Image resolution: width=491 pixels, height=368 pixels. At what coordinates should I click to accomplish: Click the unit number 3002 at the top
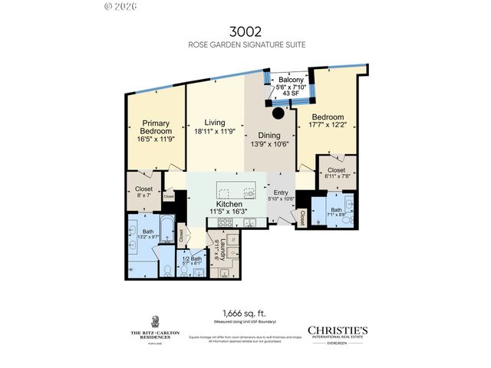[245, 32]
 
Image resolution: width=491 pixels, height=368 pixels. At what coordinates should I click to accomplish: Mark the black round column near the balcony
[277, 113]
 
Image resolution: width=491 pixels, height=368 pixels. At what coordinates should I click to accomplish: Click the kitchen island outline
[234, 192]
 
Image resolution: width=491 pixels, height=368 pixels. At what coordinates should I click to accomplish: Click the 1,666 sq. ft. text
[245, 312]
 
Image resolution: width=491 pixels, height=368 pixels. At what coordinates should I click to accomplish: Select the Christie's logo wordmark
[338, 330]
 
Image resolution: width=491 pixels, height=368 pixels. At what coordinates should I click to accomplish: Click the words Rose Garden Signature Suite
[245, 44]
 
